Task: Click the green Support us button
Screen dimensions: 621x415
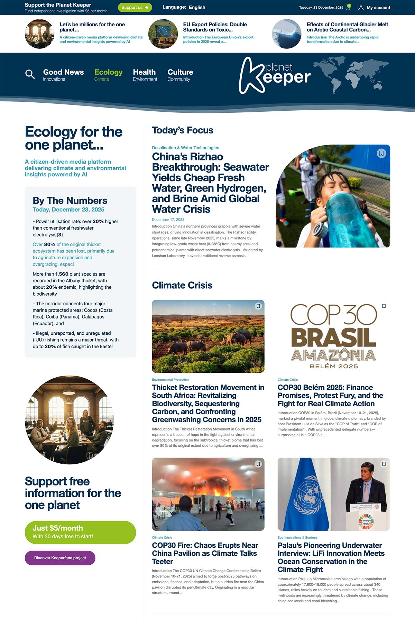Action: tap(135, 7)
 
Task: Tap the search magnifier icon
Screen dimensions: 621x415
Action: tap(30, 74)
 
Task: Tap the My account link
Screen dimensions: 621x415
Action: tap(374, 7)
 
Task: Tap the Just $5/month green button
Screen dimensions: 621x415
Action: tap(80, 532)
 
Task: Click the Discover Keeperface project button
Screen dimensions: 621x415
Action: tap(60, 558)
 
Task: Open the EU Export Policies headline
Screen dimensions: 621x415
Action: tap(215, 27)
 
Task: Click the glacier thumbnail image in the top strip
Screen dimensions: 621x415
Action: tap(286, 34)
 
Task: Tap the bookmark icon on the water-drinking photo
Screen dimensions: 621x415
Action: tap(381, 153)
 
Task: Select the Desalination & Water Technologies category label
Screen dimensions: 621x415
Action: tap(185, 148)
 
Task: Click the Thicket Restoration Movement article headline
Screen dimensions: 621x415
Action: tap(207, 404)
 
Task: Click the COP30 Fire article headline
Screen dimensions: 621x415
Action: tap(205, 553)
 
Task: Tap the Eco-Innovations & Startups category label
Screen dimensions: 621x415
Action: tap(297, 538)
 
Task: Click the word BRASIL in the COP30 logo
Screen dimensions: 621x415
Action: tap(333, 338)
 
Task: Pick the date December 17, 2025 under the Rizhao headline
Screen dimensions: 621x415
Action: tap(168, 220)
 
